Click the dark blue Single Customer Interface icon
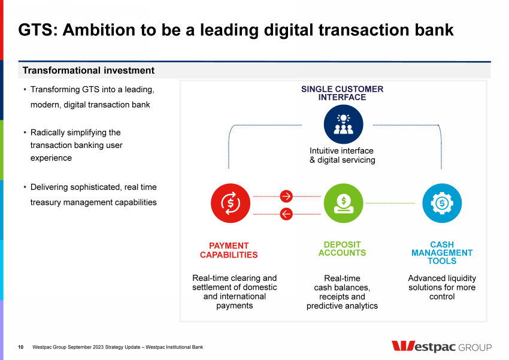coord(344,125)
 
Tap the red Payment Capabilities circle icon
coord(231,203)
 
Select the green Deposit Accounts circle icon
coord(344,203)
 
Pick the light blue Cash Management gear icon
coord(442,203)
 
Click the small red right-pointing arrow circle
coord(286,196)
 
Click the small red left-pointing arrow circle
coord(286,214)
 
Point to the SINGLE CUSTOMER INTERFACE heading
coord(342,93)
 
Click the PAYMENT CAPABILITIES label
coord(229,250)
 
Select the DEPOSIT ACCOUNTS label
coord(342,249)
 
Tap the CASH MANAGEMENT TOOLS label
coord(442,253)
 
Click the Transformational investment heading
coord(88,71)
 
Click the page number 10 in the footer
coord(21,347)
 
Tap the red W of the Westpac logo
coord(403,346)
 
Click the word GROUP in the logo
coord(475,347)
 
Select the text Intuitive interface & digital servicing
coord(342,155)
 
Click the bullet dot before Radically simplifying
coord(25,132)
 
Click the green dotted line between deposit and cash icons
coord(390,203)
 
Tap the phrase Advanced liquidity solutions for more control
coord(442,288)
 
